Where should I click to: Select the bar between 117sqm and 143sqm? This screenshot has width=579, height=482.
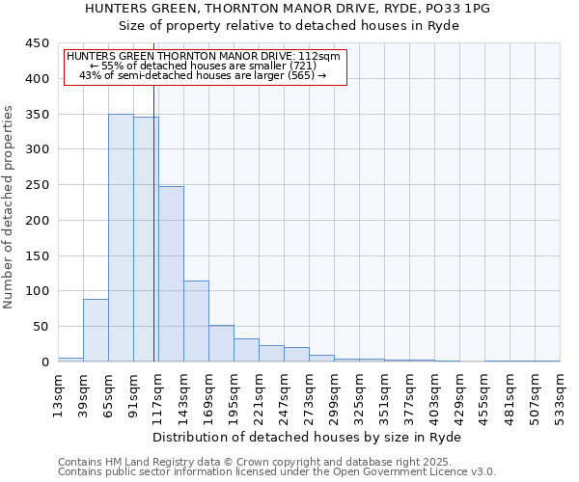[171, 274]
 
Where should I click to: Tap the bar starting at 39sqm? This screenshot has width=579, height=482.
[96, 331]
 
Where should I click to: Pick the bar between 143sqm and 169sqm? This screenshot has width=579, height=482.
[196, 321]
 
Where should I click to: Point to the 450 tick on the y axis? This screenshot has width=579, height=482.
[37, 43]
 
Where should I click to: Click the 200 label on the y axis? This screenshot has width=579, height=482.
[37, 220]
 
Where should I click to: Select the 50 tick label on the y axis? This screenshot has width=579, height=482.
[41, 327]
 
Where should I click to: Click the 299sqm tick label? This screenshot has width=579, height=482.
[334, 395]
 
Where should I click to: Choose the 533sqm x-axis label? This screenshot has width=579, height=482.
[560, 395]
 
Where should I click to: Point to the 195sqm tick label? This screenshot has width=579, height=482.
[234, 395]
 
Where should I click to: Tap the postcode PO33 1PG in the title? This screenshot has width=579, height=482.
[458, 8]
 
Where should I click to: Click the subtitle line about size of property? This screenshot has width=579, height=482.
[288, 25]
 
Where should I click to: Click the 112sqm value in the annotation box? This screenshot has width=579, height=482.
[319, 56]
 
